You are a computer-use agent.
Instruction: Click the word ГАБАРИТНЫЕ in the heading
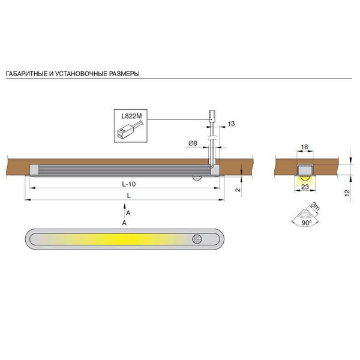click(26, 74)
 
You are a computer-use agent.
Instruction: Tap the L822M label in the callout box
click(131, 116)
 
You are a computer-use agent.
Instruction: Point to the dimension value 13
click(231, 124)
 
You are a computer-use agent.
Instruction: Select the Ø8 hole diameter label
click(193, 143)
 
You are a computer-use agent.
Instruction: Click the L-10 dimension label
click(129, 184)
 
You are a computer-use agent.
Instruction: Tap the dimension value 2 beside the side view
click(238, 190)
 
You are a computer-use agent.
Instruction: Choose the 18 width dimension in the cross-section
click(304, 147)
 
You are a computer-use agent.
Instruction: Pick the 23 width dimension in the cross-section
click(305, 187)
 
